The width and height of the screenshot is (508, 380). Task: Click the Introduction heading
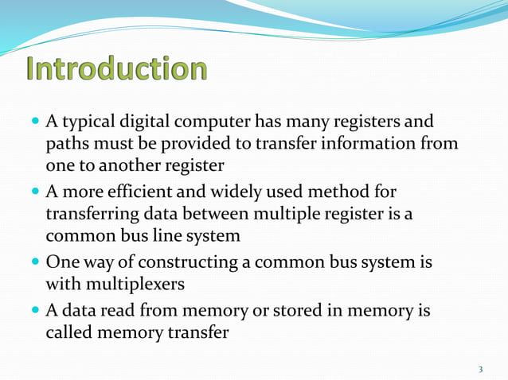click(117, 69)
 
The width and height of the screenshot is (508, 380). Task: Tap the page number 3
click(481, 369)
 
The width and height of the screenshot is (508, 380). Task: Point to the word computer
click(215, 123)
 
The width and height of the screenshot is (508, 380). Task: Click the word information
click(382, 144)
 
